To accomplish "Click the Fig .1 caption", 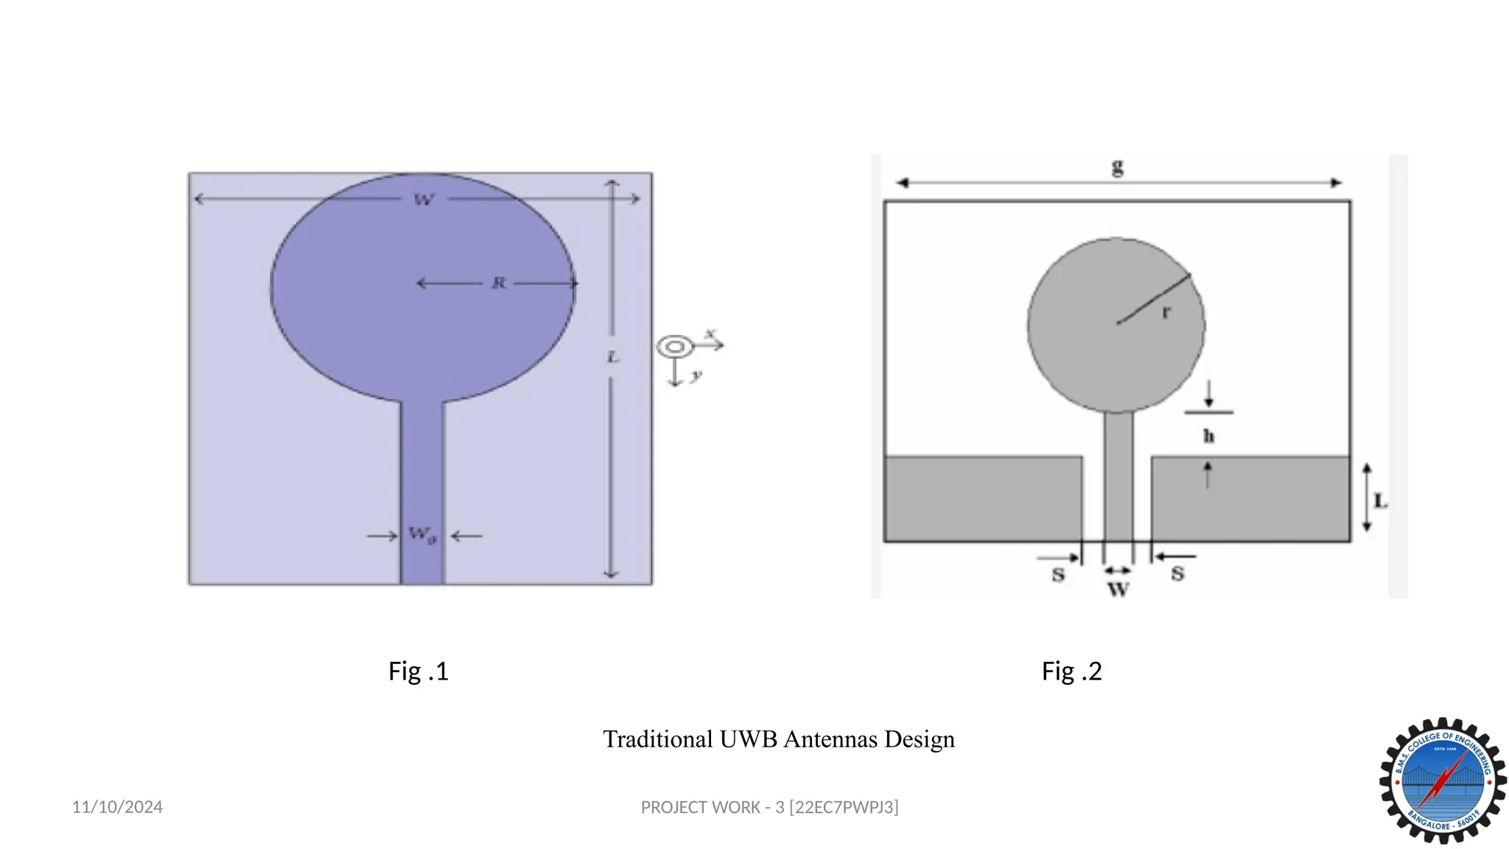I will [x=418, y=671].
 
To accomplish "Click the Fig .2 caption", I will [x=1071, y=671].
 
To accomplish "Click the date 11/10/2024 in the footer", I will [x=117, y=807].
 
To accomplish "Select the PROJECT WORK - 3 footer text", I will [x=769, y=808].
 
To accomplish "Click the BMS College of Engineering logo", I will [x=1442, y=780].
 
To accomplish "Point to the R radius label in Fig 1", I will [x=499, y=283].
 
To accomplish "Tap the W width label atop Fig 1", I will [x=424, y=200].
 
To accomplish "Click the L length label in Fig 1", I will [x=612, y=357].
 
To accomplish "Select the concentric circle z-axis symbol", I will [x=675, y=346].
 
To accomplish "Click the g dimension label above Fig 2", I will [x=1118, y=168].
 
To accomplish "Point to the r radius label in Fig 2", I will [x=1166, y=312].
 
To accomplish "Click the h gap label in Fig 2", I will [x=1208, y=436].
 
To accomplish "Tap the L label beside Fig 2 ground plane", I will [x=1381, y=502].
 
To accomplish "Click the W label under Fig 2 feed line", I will [x=1118, y=590].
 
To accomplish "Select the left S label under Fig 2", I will [x=1058, y=575].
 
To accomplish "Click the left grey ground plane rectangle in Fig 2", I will [x=982, y=499].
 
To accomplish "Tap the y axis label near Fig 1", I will [x=696, y=376].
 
